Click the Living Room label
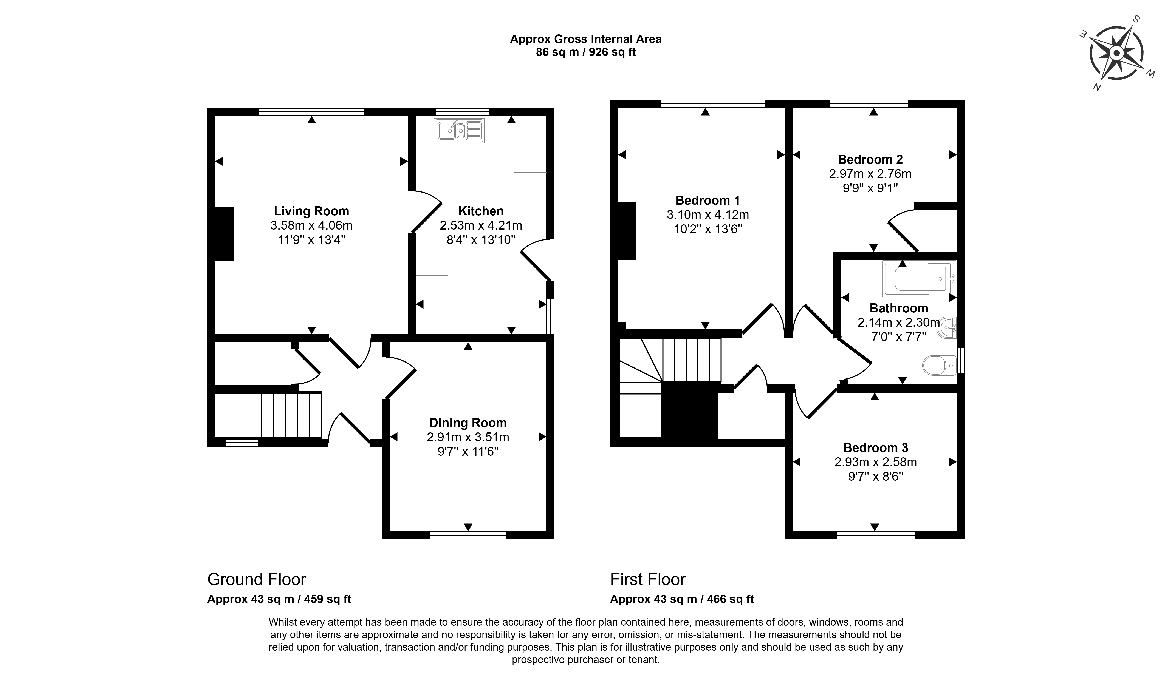pos(311,211)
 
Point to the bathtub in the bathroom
pos(920,278)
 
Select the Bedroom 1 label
pos(707,200)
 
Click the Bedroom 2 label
pos(870,159)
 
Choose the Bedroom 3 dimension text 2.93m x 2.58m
pos(876,462)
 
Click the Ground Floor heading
pos(257,579)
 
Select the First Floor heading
pos(648,579)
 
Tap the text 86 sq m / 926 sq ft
pos(586,52)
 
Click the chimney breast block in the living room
pos(224,234)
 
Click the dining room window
pos(468,535)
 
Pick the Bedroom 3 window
pos(876,535)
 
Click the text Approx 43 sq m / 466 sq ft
pos(682,599)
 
